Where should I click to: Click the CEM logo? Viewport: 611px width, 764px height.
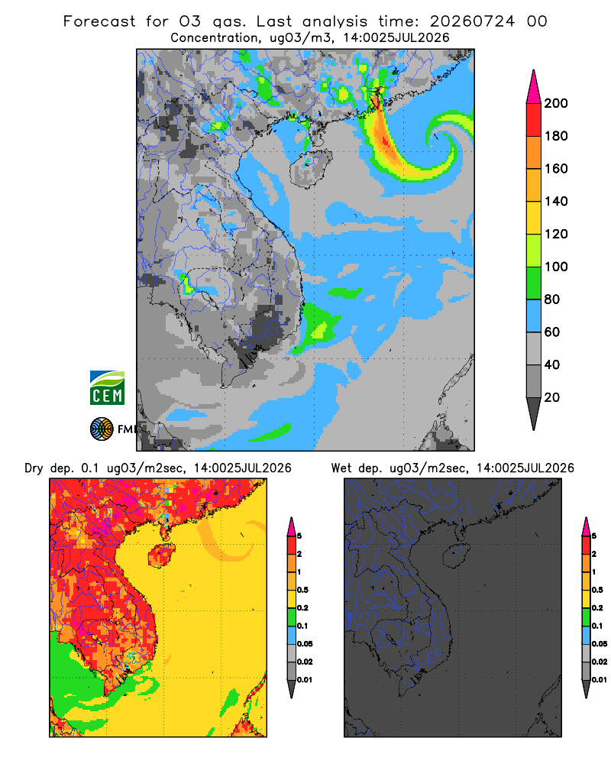[x=107, y=388]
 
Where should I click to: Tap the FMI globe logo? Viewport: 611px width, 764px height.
[x=102, y=429]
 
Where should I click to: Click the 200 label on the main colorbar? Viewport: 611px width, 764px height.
[x=556, y=103]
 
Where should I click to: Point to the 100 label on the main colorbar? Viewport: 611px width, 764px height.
[x=556, y=267]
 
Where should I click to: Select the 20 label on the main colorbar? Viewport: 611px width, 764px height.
[x=552, y=397]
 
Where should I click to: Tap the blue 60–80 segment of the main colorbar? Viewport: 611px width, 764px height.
[x=534, y=316]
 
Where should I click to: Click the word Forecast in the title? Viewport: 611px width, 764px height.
[x=99, y=21]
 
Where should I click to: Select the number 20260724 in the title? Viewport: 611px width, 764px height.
[x=472, y=21]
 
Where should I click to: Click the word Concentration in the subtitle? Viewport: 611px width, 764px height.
[x=215, y=38]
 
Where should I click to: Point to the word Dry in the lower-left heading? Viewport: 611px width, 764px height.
[x=34, y=468]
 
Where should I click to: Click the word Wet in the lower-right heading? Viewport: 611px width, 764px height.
[x=341, y=468]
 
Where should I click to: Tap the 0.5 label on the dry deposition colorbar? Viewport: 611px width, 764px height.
[x=302, y=590]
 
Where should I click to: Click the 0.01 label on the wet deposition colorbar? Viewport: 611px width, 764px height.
[x=600, y=680]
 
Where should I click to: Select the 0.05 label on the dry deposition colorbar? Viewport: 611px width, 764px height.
[x=305, y=643]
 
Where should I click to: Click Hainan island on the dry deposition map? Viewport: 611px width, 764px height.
[x=162, y=555]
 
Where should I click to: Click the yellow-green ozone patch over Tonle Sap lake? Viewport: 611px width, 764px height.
[x=186, y=284]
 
